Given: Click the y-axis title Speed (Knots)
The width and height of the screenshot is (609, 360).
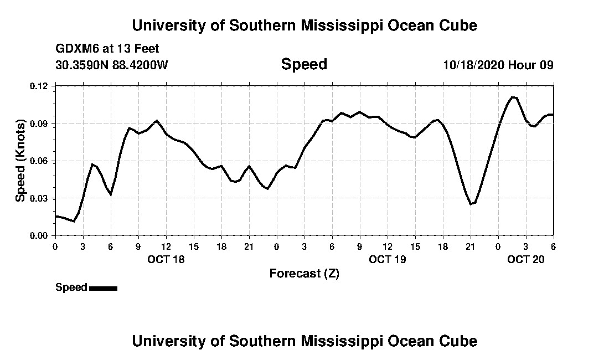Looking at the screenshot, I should coord(20,160).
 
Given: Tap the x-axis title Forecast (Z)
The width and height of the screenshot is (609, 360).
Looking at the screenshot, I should coord(304,273).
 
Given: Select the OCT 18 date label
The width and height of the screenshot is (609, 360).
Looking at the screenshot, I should coord(166,259).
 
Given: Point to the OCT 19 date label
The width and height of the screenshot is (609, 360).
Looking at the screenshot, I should coord(388,259).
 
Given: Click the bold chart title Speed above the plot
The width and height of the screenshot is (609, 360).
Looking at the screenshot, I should coord(304,64).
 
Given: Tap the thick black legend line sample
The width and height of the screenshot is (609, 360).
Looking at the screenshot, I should coord(103,288).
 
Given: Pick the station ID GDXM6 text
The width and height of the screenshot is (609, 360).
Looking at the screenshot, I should coord(75,49).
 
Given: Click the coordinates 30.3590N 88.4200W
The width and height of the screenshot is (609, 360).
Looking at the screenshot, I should coord(112,65).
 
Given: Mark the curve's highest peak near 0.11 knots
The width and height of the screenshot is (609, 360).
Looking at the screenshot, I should coord(513,97).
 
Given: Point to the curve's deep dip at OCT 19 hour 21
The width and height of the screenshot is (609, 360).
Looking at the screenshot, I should coord(471,204).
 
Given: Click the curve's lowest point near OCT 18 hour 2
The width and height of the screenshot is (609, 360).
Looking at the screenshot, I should coord(73,221).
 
